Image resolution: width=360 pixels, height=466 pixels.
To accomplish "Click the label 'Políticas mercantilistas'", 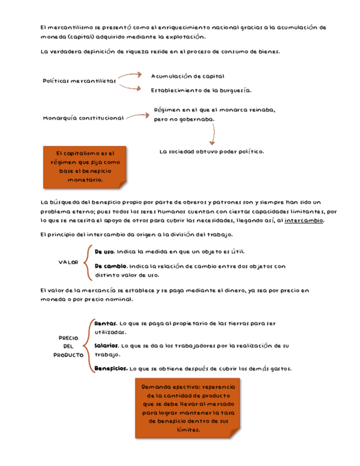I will (79, 81).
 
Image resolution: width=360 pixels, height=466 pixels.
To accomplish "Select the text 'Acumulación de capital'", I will (187, 76).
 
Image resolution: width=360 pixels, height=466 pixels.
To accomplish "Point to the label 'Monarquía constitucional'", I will (82, 118).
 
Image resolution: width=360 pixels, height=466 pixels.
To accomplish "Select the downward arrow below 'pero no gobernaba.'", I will (213, 134).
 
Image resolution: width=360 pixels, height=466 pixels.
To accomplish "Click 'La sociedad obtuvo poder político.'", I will (212, 151).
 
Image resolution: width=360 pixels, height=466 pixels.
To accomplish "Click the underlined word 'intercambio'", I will (304, 220).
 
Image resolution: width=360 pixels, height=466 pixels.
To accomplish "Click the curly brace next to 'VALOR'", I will (87, 263).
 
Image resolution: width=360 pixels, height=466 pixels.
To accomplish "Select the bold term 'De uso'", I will (104, 252).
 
